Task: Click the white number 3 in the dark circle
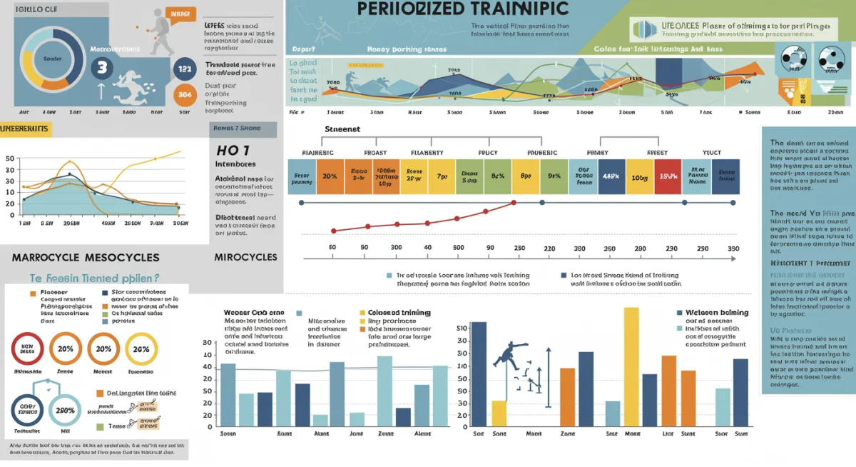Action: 102,68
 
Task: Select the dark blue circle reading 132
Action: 185,69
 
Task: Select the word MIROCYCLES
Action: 246,257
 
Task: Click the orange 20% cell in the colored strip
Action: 330,176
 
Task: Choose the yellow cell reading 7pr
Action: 442,176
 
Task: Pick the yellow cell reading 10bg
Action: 639,176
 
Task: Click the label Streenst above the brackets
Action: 342,129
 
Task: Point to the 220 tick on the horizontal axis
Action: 549,248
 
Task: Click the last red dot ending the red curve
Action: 514,204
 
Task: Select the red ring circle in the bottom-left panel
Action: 28,349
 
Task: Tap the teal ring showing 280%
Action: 66,411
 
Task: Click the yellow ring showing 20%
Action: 141,349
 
